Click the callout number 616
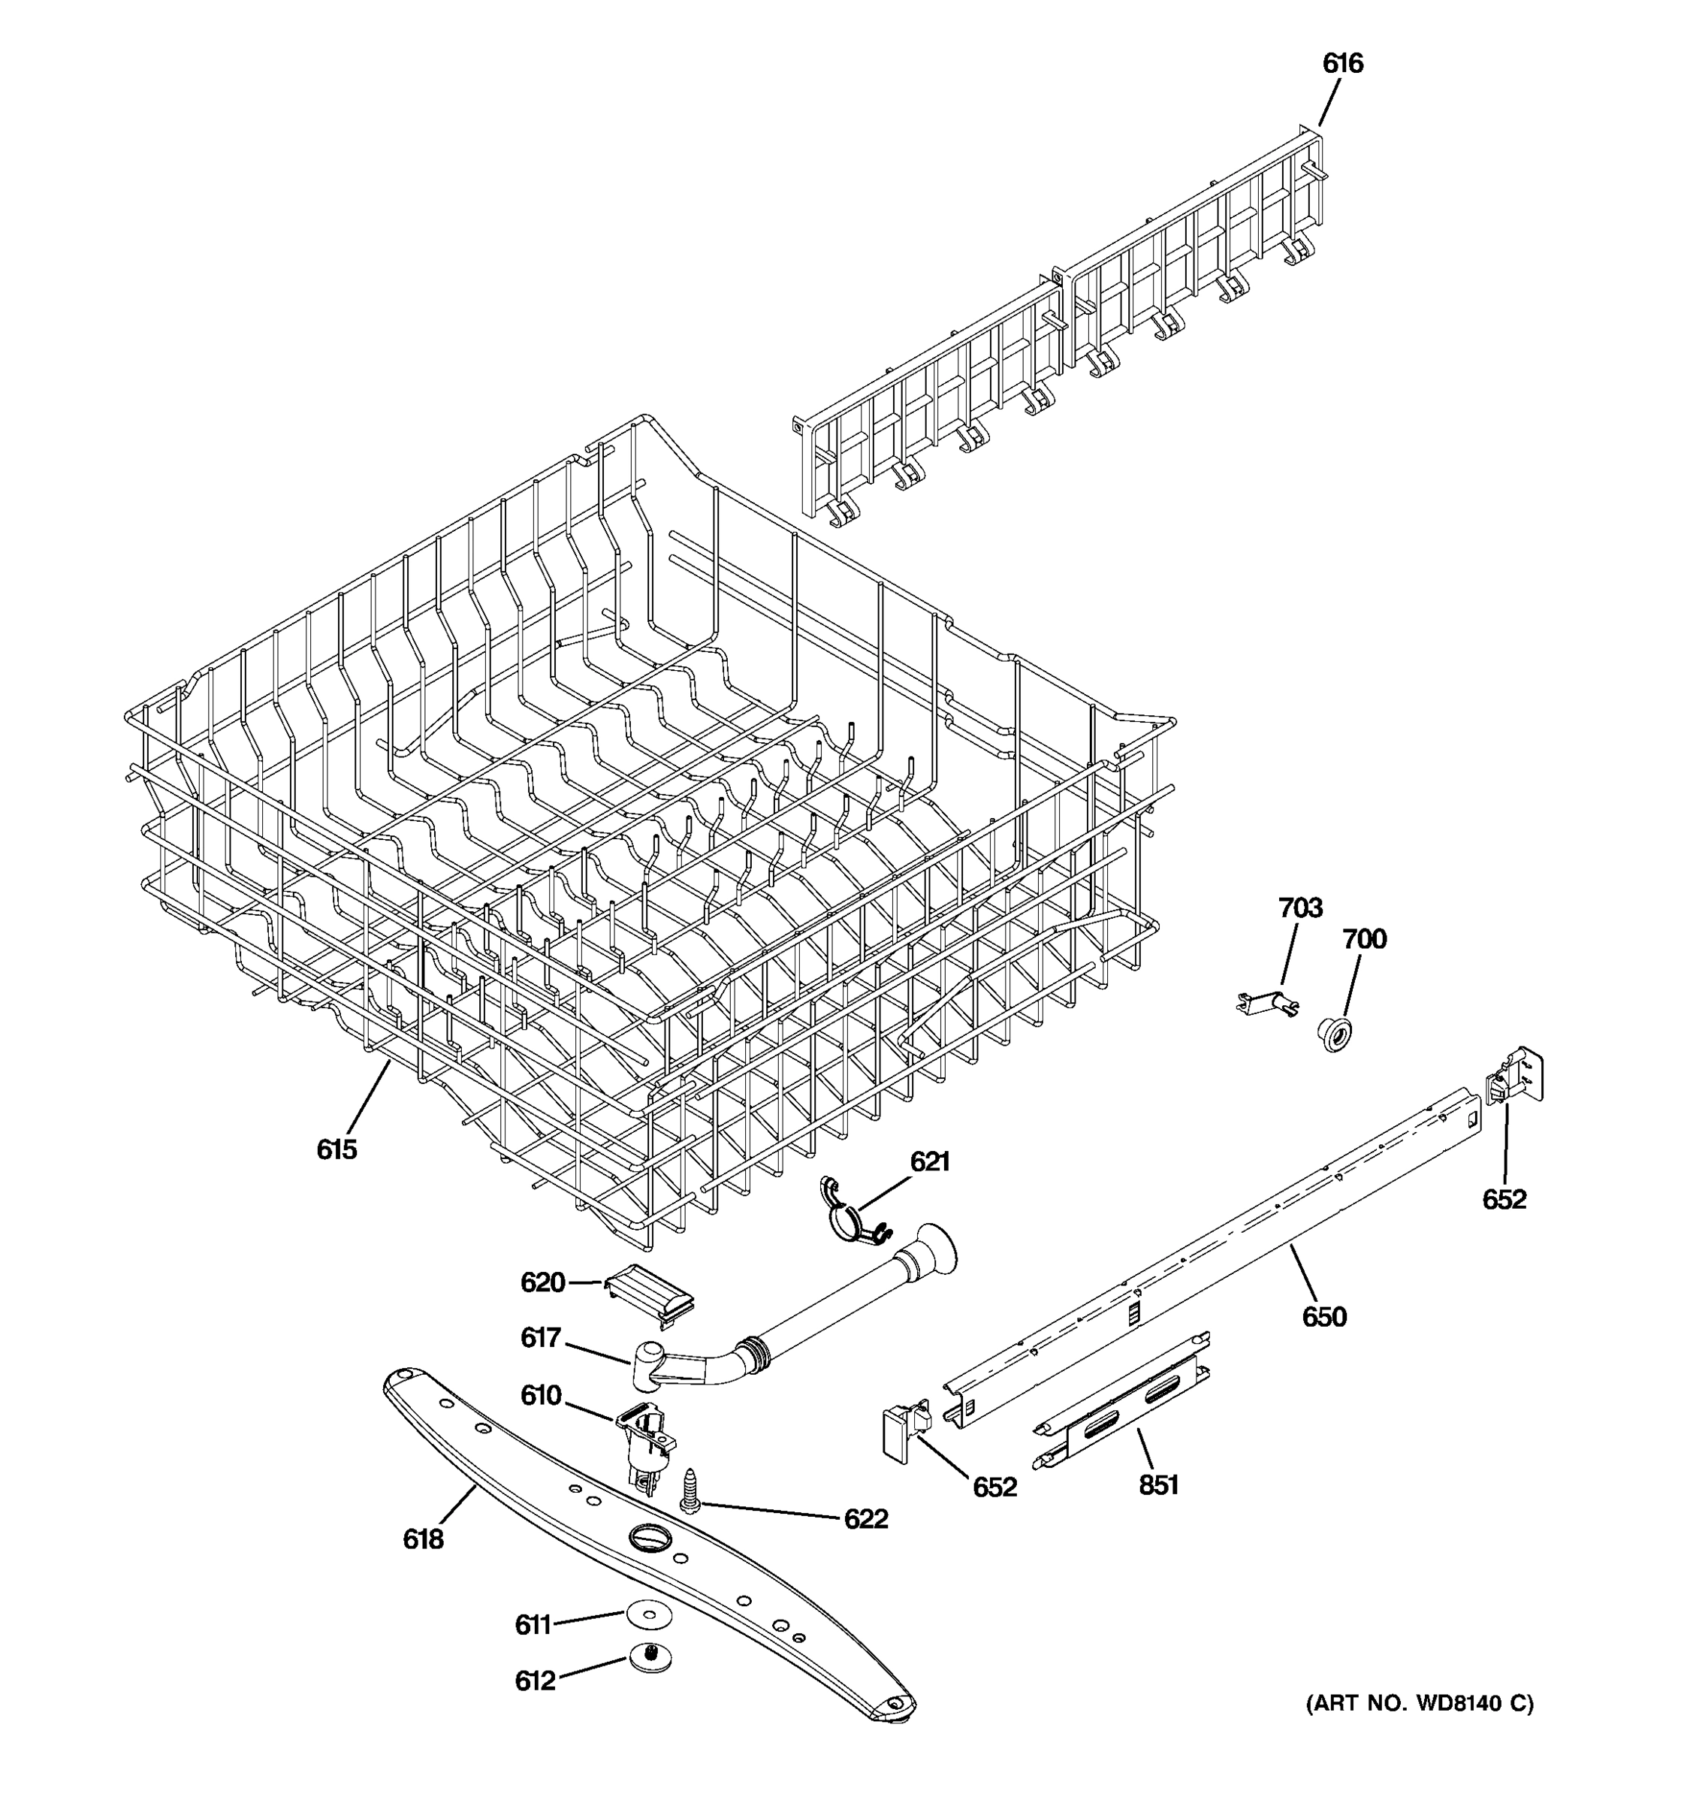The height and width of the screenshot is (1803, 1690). click(1341, 64)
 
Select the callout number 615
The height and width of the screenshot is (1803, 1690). click(336, 1149)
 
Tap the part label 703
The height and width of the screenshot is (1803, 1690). click(1300, 907)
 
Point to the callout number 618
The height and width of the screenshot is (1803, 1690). click(422, 1539)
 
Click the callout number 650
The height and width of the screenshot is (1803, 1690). click(1323, 1316)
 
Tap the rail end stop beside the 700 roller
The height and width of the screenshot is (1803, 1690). click(1514, 1077)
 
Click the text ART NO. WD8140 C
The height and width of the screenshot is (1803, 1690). click(1419, 1703)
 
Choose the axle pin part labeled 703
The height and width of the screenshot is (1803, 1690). click(1268, 1001)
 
